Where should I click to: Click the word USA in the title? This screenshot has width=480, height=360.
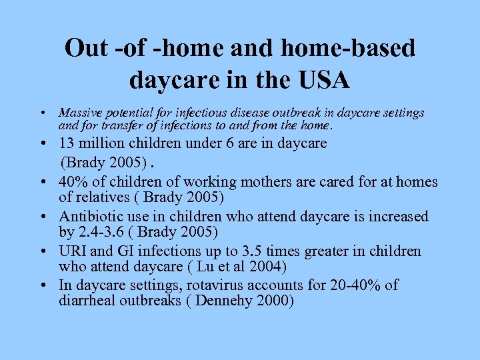point(319,80)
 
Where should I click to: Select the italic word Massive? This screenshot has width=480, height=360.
point(78,113)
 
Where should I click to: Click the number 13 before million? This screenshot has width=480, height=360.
point(67,143)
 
